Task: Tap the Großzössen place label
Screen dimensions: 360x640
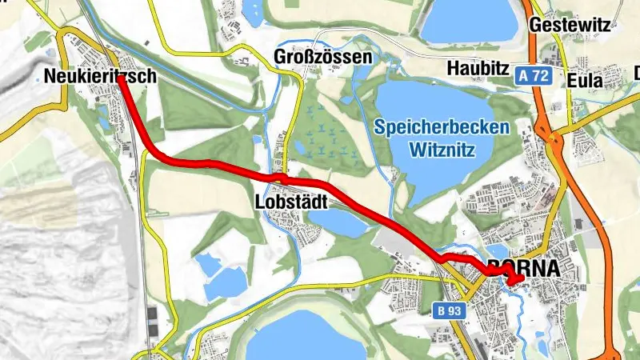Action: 322,58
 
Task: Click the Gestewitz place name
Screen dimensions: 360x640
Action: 570,25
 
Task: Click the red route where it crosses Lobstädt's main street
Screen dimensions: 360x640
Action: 282,177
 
